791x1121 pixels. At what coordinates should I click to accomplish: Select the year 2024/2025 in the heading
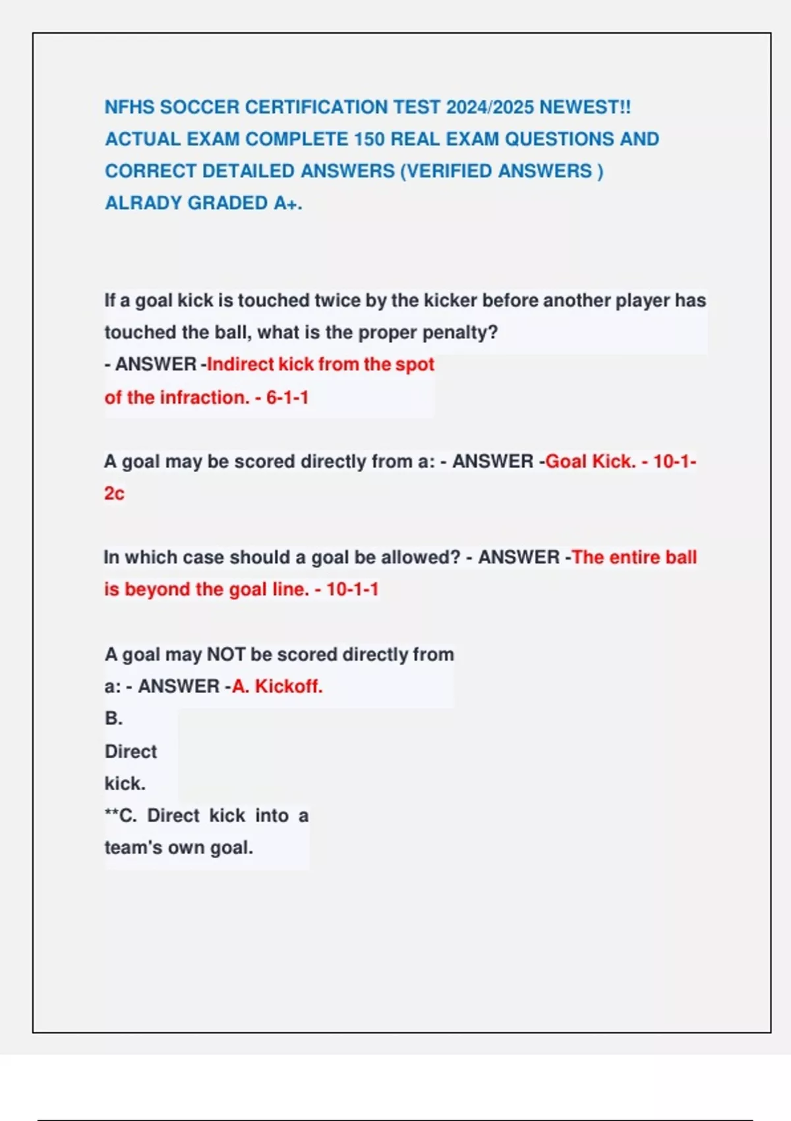click(x=490, y=107)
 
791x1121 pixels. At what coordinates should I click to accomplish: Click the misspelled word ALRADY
click(x=140, y=203)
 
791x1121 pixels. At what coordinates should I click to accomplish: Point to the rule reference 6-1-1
click(x=287, y=398)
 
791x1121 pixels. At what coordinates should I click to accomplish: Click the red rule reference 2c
click(x=114, y=494)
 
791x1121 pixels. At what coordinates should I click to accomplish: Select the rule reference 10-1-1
click(x=353, y=590)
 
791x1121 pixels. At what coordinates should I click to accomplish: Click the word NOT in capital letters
click(x=226, y=654)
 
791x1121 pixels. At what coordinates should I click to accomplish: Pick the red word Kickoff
click(x=289, y=686)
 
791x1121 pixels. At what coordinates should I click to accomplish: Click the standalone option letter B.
click(x=113, y=719)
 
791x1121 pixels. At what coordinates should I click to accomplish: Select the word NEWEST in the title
click(x=580, y=107)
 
